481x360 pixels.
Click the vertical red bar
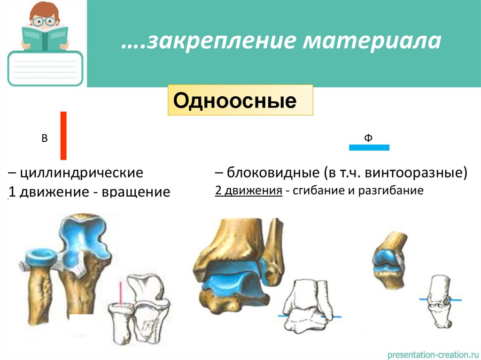pyautogui.click(x=63, y=136)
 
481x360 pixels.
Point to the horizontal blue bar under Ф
pyautogui.click(x=369, y=147)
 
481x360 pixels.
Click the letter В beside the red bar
pyautogui.click(x=45, y=138)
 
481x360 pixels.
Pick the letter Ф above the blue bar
pyautogui.click(x=368, y=138)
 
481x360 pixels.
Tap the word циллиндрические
pyautogui.click(x=79, y=173)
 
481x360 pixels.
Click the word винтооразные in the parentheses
pyautogui.click(x=413, y=173)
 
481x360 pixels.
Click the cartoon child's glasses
pyautogui.click(x=45, y=21)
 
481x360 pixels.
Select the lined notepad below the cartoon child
pyautogui.click(x=45, y=69)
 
